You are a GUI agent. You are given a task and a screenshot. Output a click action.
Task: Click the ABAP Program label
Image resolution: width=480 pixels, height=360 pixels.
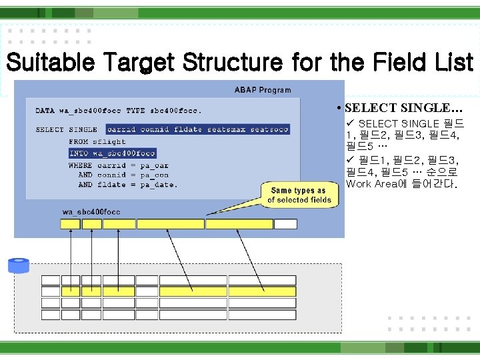pyautogui.click(x=262, y=90)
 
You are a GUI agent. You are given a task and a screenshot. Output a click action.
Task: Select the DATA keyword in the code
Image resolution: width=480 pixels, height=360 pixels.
pyautogui.click(x=45, y=111)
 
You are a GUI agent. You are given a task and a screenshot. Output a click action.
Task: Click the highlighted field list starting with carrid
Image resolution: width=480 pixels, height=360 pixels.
pyautogui.click(x=197, y=129)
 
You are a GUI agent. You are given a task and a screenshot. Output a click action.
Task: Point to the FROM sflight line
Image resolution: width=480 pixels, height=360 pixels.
pyautogui.click(x=97, y=141)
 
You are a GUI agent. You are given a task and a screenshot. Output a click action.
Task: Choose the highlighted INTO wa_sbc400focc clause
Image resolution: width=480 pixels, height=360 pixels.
pyautogui.click(x=112, y=153)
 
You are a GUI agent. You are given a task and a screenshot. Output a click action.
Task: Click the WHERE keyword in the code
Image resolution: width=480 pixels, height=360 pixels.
pyautogui.click(x=80, y=165)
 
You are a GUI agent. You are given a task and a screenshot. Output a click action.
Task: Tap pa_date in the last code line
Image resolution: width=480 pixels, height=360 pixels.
pyautogui.click(x=159, y=185)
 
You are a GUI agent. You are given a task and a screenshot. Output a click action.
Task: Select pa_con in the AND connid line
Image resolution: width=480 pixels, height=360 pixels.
pyautogui.click(x=154, y=175)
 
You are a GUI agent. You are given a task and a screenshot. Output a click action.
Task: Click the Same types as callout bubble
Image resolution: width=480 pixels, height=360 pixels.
pyautogui.click(x=299, y=195)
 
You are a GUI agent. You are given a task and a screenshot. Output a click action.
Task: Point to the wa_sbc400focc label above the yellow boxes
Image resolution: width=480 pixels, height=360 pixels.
pyautogui.click(x=91, y=212)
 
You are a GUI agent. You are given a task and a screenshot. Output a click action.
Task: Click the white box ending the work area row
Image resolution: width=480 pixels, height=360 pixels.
pyautogui.click(x=285, y=224)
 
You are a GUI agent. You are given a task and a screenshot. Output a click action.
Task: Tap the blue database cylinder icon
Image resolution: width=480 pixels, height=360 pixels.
pyautogui.click(x=19, y=266)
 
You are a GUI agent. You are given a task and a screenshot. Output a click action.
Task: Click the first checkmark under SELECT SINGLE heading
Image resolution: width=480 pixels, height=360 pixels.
pyautogui.click(x=350, y=123)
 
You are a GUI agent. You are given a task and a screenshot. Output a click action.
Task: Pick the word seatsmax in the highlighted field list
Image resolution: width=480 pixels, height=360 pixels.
pyautogui.click(x=227, y=129)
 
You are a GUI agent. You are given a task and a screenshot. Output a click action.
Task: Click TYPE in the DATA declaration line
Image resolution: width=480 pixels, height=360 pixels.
pyautogui.click(x=135, y=111)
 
